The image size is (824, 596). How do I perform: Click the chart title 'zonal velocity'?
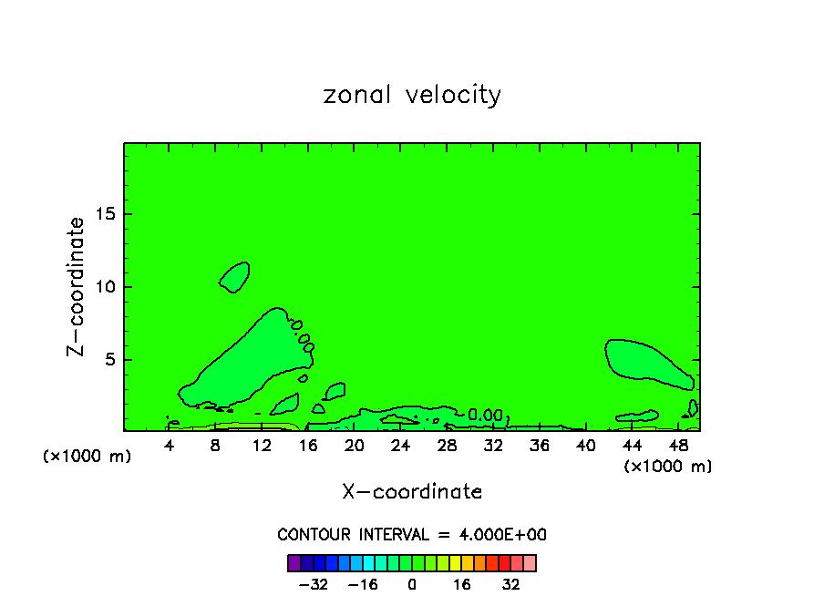click(412, 95)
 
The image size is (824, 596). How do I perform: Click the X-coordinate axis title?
click(412, 492)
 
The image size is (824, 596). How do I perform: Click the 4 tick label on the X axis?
click(170, 446)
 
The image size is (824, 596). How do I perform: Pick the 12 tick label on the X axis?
click(262, 446)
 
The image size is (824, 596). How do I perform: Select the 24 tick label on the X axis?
click(400, 446)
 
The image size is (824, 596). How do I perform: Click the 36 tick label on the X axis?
click(540, 446)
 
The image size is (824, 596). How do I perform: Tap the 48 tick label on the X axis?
click(678, 446)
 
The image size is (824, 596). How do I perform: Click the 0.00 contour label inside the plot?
click(485, 415)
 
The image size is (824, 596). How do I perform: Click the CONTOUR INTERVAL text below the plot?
click(412, 535)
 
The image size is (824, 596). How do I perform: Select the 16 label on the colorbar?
click(462, 583)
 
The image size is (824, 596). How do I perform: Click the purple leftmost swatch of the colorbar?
click(294, 562)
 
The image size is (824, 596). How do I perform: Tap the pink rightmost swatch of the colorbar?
click(530, 562)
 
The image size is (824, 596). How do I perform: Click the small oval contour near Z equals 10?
click(235, 276)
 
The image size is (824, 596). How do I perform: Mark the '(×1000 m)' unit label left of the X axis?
click(88, 457)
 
